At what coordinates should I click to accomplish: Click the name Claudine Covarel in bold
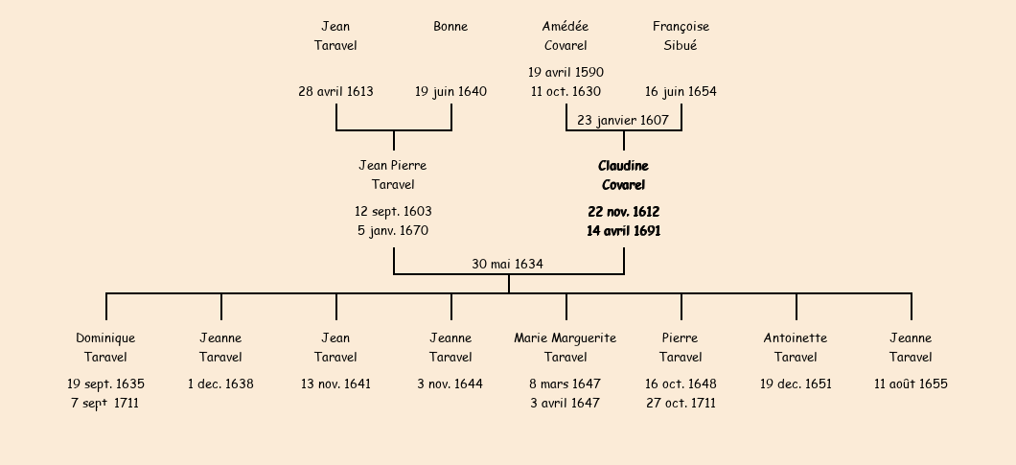(623, 175)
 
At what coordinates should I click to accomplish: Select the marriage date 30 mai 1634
(507, 264)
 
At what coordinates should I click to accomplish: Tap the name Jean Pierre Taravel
(393, 175)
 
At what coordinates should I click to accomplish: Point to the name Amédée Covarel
(566, 35)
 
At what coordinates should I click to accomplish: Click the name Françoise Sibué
(681, 35)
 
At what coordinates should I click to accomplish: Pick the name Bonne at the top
(450, 27)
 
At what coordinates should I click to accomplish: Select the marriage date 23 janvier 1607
(623, 120)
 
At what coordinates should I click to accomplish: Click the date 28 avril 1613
(335, 92)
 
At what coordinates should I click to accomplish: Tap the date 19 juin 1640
(450, 92)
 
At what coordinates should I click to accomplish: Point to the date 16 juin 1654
(681, 92)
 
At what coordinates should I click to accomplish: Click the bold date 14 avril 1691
(623, 231)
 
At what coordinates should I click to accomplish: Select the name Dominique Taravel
(105, 347)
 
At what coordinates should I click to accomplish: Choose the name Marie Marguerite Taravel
(566, 347)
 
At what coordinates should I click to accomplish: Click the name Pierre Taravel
(681, 347)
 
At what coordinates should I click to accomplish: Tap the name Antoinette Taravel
(796, 347)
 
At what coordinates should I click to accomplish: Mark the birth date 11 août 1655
(911, 384)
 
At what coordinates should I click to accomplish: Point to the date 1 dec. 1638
(220, 384)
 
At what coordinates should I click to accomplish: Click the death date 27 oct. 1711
(681, 404)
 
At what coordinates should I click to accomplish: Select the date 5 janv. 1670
(393, 231)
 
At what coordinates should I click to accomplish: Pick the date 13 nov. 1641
(335, 384)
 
